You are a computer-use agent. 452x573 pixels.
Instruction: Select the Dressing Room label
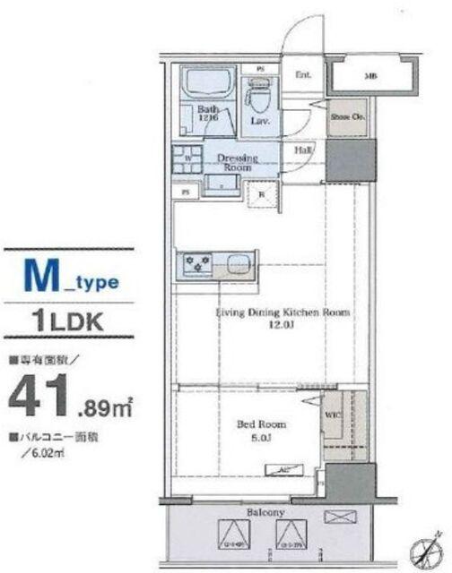coord(238,162)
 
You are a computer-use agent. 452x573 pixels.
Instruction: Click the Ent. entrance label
coord(303,75)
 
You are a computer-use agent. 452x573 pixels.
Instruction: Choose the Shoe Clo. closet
coord(342,115)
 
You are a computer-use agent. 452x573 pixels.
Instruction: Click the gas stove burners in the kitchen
coord(196,264)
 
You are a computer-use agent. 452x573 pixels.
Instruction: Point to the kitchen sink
coord(235,264)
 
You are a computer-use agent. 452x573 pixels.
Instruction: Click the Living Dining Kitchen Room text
coord(281,313)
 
